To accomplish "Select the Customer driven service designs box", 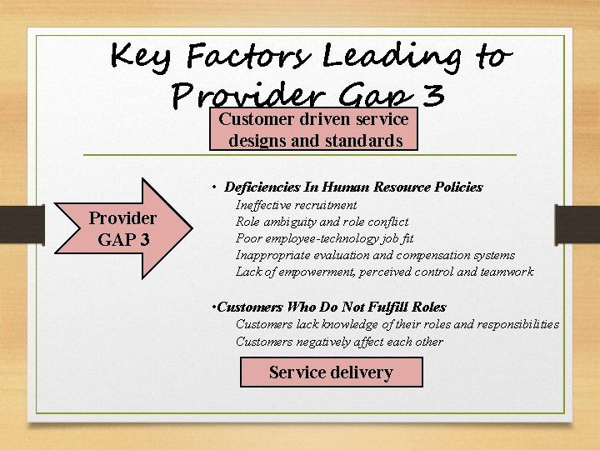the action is tap(313, 130).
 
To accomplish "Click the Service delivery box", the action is tap(331, 372).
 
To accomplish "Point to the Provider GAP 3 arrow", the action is tap(125, 227).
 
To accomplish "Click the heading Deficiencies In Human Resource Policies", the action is tap(353, 187).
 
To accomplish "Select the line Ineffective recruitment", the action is tap(297, 205).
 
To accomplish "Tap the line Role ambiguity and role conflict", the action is tap(322, 222).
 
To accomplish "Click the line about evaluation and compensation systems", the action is tap(375, 255).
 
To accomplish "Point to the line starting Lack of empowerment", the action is tap(384, 272).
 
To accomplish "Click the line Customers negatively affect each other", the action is tap(339, 341).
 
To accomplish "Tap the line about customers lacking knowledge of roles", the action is tap(397, 324).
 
